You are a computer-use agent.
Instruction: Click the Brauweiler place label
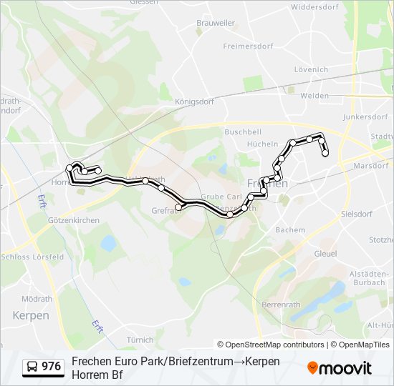(215, 23)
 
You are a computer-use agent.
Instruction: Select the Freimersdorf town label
(249, 46)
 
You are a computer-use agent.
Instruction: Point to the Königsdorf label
(194, 102)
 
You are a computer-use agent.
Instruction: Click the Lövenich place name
(311, 69)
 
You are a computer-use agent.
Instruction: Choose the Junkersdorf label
(365, 117)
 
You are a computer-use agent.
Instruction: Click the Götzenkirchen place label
(75, 220)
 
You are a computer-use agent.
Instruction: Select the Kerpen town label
(31, 315)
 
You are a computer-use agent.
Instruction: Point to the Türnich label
(140, 340)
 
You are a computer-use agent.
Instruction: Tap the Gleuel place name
(325, 254)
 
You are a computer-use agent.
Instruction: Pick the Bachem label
(290, 229)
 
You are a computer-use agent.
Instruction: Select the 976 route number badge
(43, 367)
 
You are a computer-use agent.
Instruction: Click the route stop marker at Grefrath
(178, 207)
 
